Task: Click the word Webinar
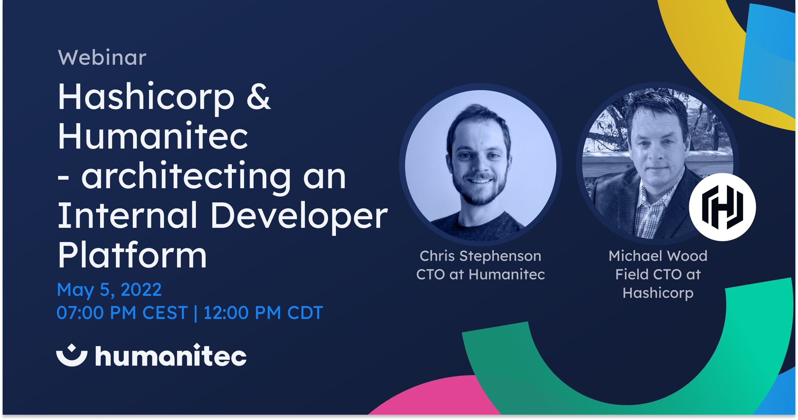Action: tap(102, 58)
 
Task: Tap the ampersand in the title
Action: tap(258, 96)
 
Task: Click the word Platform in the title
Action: tap(132, 255)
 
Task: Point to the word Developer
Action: tap(299, 216)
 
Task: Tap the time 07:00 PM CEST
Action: tap(122, 312)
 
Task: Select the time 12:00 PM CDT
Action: tap(263, 312)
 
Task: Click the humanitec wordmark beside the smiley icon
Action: tap(171, 356)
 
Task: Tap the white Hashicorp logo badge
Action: tap(722, 207)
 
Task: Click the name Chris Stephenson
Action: tap(480, 256)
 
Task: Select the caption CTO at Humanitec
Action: tap(480, 274)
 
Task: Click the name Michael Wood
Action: tap(658, 256)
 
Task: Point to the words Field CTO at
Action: tap(658, 274)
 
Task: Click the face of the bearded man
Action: tap(479, 158)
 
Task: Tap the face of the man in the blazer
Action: tap(657, 145)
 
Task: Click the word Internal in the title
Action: tap(127, 216)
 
